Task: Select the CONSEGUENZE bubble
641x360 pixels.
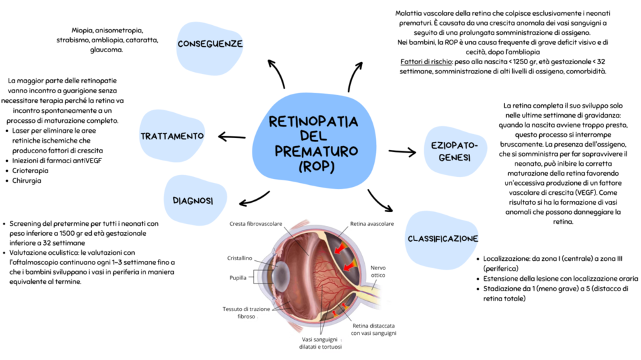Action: coord(210,44)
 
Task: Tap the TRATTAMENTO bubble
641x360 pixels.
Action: coord(172,136)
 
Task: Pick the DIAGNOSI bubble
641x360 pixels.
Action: coord(192,200)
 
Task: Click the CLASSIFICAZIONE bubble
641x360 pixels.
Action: coord(442,238)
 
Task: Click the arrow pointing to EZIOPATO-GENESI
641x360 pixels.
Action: coord(402,151)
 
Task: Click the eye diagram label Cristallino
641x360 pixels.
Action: coord(239,258)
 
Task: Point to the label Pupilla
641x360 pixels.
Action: coord(239,277)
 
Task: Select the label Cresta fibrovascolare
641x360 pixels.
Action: coord(256,224)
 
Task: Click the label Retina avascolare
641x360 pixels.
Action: coord(371,224)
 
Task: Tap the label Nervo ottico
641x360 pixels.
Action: coord(377,271)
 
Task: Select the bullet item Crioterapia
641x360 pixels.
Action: coord(30,170)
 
